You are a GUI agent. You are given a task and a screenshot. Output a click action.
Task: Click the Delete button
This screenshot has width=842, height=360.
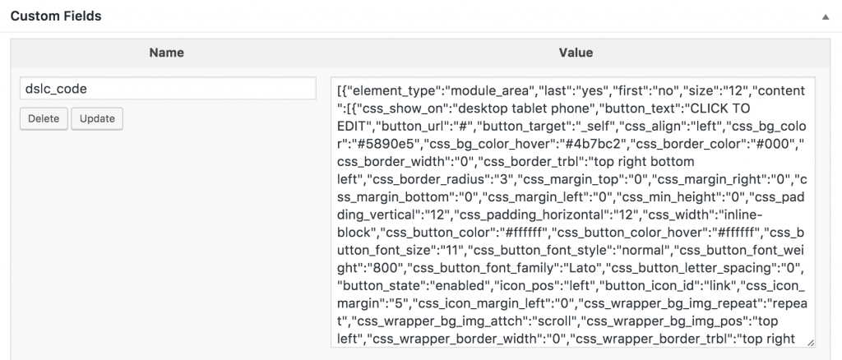pyautogui.click(x=44, y=118)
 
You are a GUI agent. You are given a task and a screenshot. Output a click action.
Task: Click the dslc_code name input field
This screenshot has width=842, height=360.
pyautogui.click(x=168, y=89)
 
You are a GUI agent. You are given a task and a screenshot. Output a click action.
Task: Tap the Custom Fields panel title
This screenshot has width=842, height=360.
pyautogui.click(x=56, y=16)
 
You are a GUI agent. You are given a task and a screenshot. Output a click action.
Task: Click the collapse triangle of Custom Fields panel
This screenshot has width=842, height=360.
pyautogui.click(x=825, y=16)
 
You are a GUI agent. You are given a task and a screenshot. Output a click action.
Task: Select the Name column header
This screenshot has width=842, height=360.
pyautogui.click(x=166, y=53)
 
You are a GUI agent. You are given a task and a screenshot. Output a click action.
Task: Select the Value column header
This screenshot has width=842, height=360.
pyautogui.click(x=576, y=53)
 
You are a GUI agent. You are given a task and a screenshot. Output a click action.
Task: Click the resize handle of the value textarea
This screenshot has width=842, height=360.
pyautogui.click(x=810, y=342)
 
